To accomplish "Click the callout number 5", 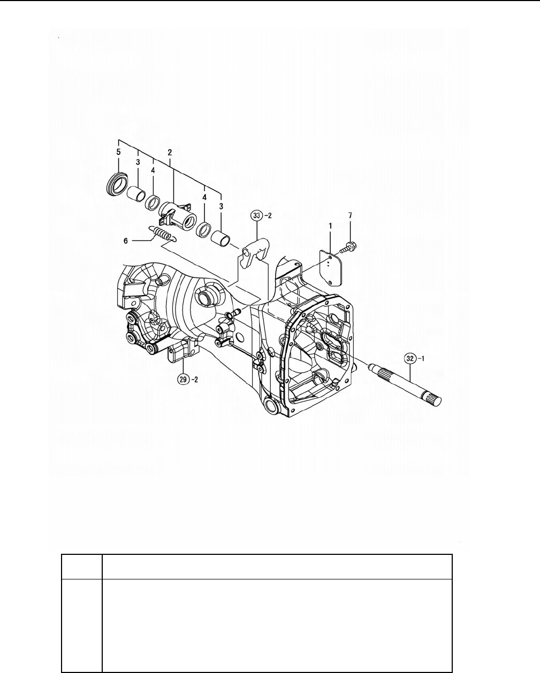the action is [x=118, y=152].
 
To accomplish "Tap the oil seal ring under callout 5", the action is [x=117, y=184].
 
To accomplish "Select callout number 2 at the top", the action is [x=170, y=152].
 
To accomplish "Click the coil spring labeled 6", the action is [x=162, y=234].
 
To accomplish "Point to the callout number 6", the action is [x=126, y=241].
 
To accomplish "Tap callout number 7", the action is [x=350, y=215].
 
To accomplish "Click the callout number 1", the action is [x=330, y=226].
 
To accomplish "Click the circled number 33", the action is [x=257, y=215].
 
